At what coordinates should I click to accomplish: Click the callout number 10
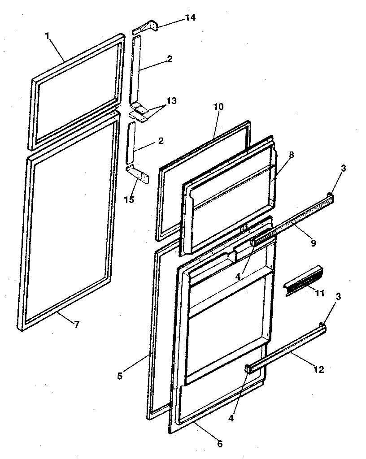click(x=218, y=107)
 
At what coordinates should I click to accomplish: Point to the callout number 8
click(x=292, y=155)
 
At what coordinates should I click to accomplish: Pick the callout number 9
click(x=314, y=243)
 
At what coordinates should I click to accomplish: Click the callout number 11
click(x=320, y=294)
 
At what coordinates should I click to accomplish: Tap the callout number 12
click(x=319, y=370)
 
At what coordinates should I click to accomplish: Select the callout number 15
click(x=129, y=199)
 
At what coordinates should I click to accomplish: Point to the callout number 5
click(x=120, y=376)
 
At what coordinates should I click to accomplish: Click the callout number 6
click(x=219, y=444)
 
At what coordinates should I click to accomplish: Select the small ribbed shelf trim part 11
click(x=302, y=280)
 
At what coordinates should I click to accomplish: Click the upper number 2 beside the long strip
click(x=170, y=59)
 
